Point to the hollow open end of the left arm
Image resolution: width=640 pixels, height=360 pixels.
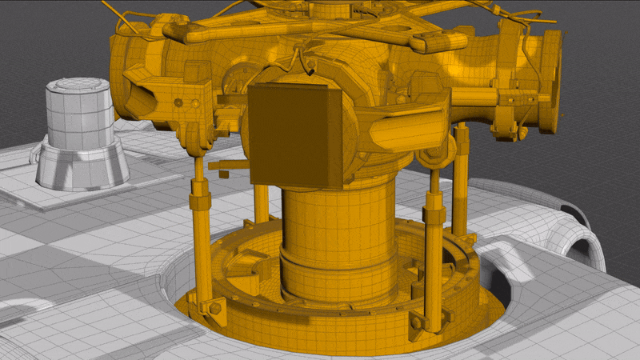point(138,100)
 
